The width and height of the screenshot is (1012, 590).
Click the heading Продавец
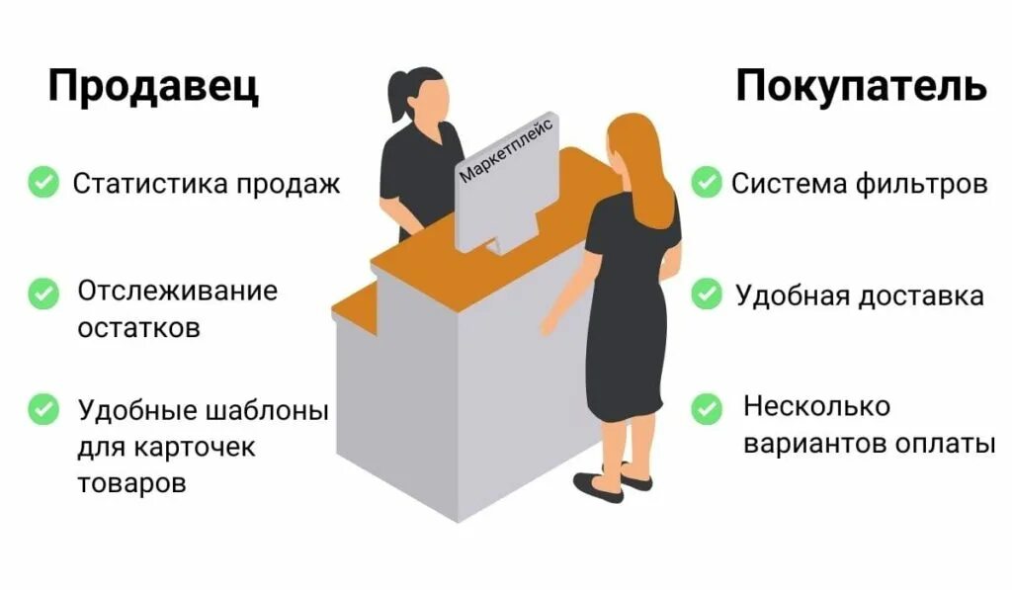pos(153,87)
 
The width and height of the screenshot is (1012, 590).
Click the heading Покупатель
pos(860,87)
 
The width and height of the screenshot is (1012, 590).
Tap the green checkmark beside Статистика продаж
pos(42,182)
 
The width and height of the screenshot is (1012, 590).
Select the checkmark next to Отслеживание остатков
pos(42,293)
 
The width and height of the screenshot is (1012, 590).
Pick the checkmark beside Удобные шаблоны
pos(42,407)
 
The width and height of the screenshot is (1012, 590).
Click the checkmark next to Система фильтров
pos(706,182)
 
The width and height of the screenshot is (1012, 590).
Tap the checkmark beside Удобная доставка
pos(706,294)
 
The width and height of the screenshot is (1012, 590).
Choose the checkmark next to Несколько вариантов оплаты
pos(706,407)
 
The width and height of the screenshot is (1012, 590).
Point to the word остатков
pos(138,327)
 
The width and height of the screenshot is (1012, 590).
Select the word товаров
pos(131,483)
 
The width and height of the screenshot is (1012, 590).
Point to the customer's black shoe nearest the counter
pos(597,487)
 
